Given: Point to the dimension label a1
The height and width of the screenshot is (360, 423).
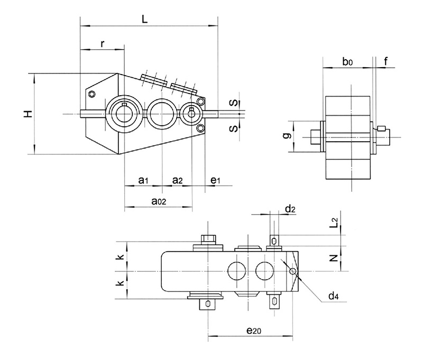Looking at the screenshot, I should (142, 181).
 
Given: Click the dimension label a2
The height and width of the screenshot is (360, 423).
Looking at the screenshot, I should (178, 181).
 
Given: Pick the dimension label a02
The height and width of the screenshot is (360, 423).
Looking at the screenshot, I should (159, 201).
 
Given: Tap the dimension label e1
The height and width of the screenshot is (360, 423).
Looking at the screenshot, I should (215, 181).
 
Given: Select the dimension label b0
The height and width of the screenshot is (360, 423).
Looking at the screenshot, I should (347, 62).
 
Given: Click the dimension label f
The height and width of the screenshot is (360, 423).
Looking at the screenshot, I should (386, 62).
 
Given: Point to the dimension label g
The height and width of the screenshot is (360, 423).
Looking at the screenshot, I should (286, 136).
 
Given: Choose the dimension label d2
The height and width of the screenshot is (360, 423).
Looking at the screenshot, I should (290, 209).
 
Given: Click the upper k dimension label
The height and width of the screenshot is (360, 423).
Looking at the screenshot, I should (121, 257).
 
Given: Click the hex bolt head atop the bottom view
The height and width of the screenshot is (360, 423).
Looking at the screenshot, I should (208, 239).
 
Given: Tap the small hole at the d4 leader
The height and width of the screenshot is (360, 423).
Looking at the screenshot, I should (292, 271).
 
